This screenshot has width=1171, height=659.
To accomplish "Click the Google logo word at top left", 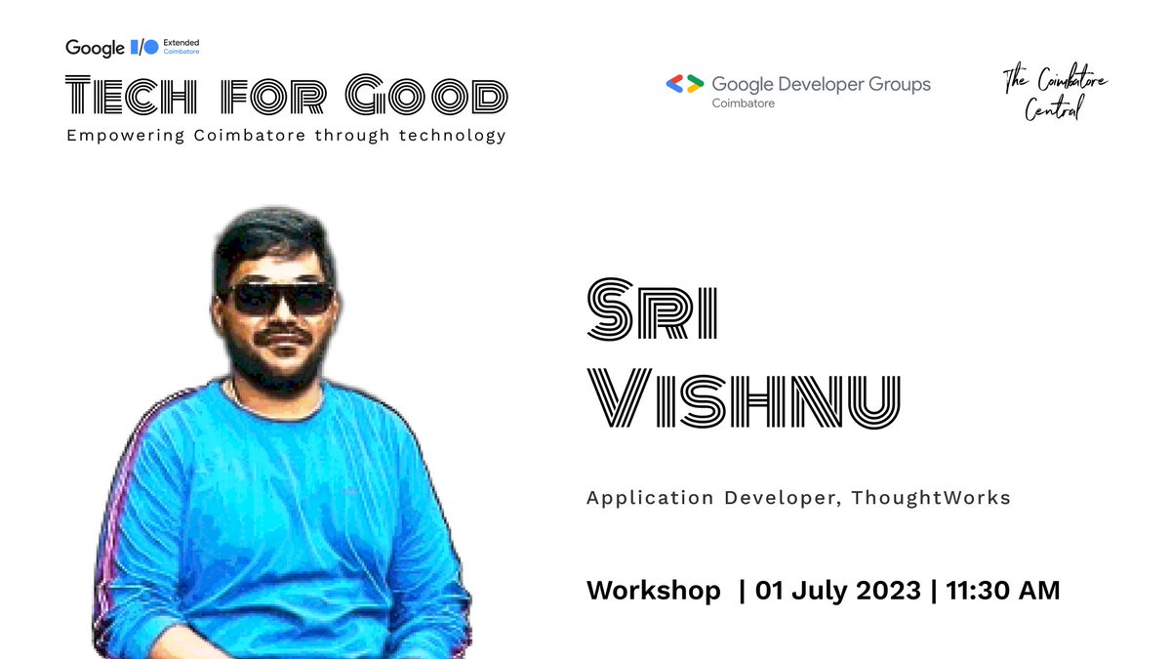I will click(x=95, y=47).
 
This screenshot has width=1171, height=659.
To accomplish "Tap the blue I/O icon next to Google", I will click(x=143, y=47).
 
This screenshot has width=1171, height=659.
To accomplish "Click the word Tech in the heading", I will click(x=130, y=96).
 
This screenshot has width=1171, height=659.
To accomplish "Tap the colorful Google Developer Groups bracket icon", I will click(x=684, y=84).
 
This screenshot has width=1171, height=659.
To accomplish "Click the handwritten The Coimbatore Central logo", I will click(x=1056, y=95).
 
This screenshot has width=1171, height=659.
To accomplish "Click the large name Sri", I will click(x=652, y=310).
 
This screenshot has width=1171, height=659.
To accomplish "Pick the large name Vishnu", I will click(x=742, y=401).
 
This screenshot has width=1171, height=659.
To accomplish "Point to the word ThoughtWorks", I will click(x=931, y=498).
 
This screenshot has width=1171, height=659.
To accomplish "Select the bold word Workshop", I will click(x=653, y=591).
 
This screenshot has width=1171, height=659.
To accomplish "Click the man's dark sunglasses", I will click(x=280, y=297).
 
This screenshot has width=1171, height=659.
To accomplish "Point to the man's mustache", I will click(x=282, y=335).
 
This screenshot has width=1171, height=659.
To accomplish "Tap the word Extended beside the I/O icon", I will click(x=181, y=42).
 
